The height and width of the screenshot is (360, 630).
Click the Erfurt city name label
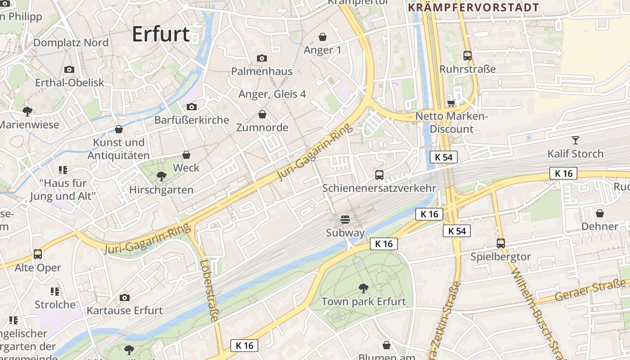161,34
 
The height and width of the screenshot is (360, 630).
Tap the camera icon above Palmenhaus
261,58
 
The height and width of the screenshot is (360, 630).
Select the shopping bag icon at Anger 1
323,36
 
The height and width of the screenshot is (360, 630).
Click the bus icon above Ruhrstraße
468,56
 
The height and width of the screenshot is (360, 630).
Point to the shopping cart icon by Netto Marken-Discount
451,103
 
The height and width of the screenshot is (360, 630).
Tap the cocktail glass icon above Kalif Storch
575,140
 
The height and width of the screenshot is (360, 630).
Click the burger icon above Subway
345,220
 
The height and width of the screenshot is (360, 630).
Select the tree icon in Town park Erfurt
363,288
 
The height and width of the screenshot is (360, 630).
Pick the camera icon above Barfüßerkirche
191,107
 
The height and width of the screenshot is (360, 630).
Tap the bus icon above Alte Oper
38,254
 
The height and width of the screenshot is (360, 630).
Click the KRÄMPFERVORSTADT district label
473,8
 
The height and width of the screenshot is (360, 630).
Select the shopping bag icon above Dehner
599,213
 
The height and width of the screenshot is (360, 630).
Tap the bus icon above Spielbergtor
501,243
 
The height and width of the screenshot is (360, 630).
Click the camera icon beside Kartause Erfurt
125,297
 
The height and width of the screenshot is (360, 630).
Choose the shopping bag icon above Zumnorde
262,114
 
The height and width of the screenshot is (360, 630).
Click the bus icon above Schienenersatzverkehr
379,175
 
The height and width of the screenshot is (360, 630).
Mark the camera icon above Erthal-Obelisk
69,69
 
